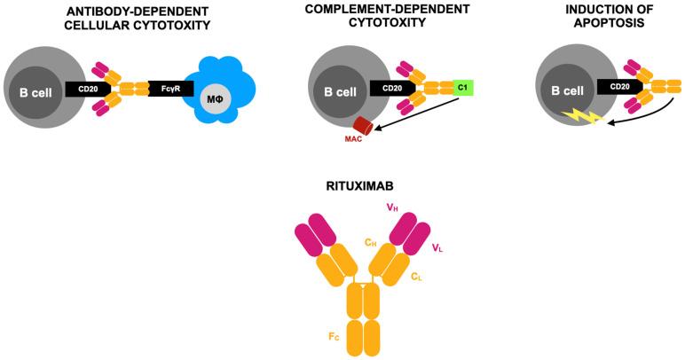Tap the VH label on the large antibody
pos(390,207)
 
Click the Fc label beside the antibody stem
pos(335,338)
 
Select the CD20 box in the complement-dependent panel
pos(393,89)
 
